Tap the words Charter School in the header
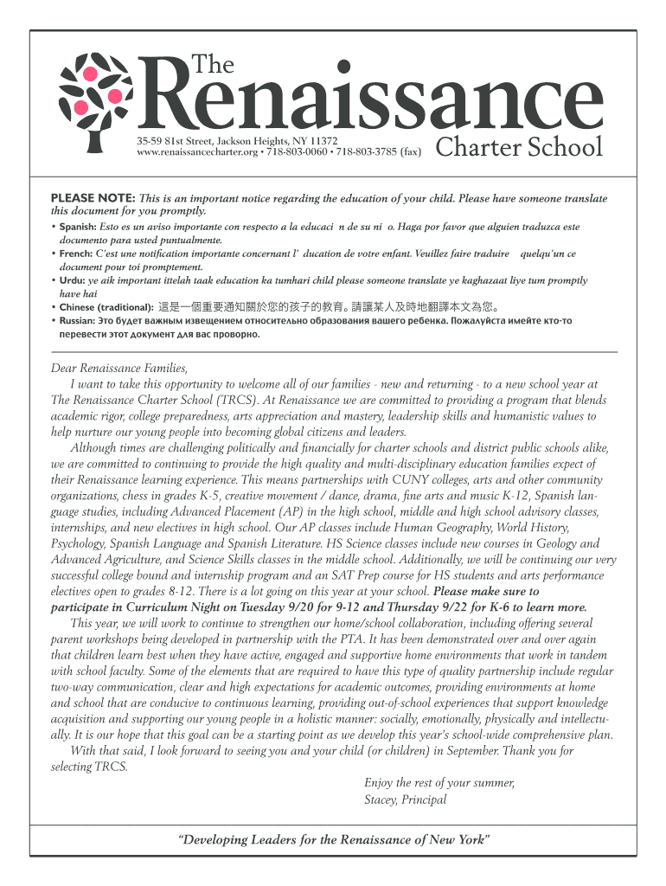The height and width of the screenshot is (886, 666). [519, 148]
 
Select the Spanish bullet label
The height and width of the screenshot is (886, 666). [78, 227]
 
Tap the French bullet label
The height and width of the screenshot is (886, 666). [75, 254]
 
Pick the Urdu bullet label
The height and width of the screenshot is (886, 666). [73, 280]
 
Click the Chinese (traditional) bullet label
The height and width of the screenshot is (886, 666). [106, 307]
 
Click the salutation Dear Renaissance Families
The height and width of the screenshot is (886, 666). [119, 368]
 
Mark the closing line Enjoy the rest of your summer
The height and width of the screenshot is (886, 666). [439, 783]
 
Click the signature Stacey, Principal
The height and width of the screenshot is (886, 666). [405, 799]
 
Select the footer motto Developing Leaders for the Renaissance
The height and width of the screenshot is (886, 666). [333, 840]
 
